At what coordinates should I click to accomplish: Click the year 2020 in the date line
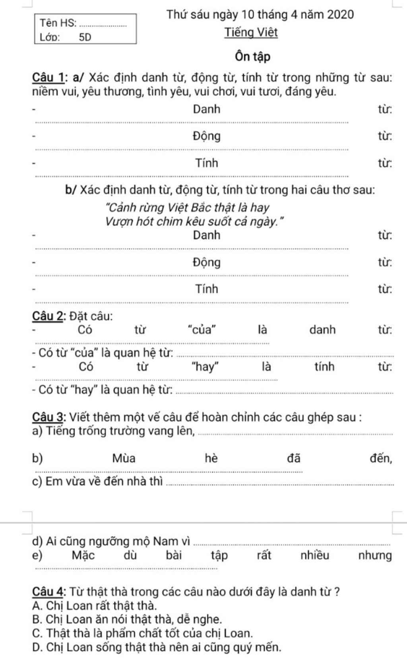339,15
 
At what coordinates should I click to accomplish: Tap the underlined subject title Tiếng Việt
251,32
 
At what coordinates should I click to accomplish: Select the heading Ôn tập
252,57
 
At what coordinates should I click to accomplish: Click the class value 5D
85,37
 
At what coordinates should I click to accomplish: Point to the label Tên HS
58,23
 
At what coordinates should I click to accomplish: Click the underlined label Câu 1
48,77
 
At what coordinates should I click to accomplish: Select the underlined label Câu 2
48,316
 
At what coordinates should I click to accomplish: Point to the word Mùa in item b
124,458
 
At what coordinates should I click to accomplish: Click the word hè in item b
211,458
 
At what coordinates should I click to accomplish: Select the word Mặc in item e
83,555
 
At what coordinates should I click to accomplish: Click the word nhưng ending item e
375,555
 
